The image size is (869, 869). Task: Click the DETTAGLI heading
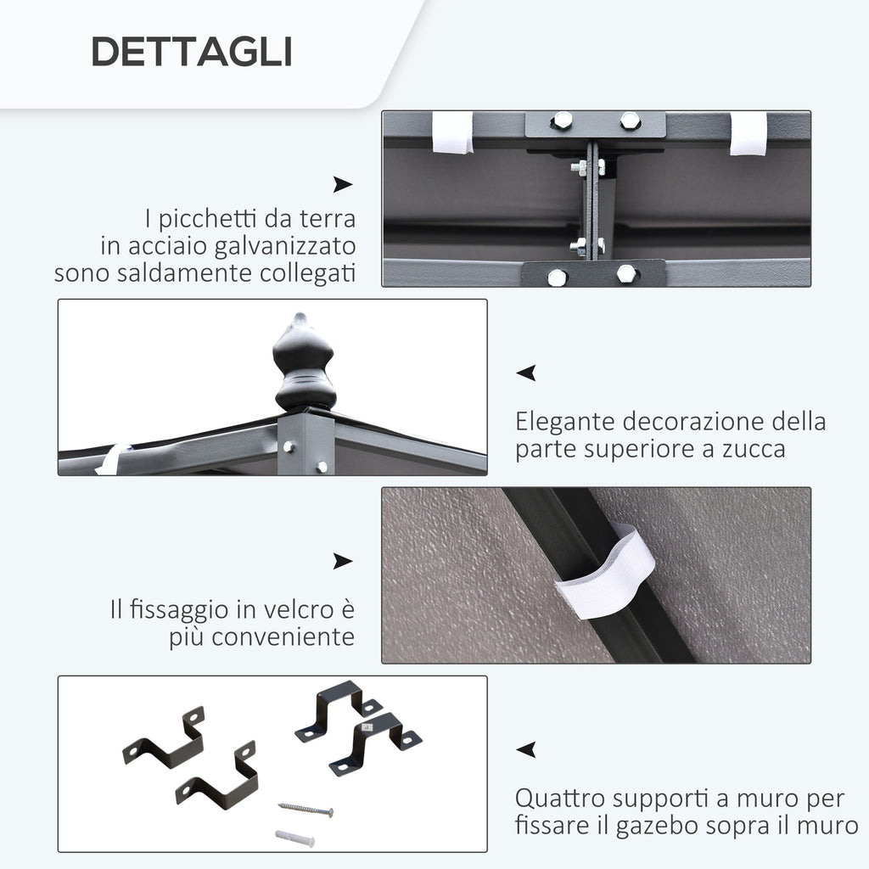tap(192, 52)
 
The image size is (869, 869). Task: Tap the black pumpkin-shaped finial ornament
tap(305, 363)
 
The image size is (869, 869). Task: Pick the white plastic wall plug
tap(294, 838)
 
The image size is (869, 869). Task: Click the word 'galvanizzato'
tap(285, 247)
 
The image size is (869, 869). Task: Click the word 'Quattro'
tap(560, 799)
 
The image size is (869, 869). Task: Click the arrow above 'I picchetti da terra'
tap(343, 184)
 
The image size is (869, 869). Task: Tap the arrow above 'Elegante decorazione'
tap(526, 373)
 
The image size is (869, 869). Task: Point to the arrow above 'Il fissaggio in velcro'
tap(343, 561)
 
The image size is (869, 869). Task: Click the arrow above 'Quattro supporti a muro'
tap(526, 749)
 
